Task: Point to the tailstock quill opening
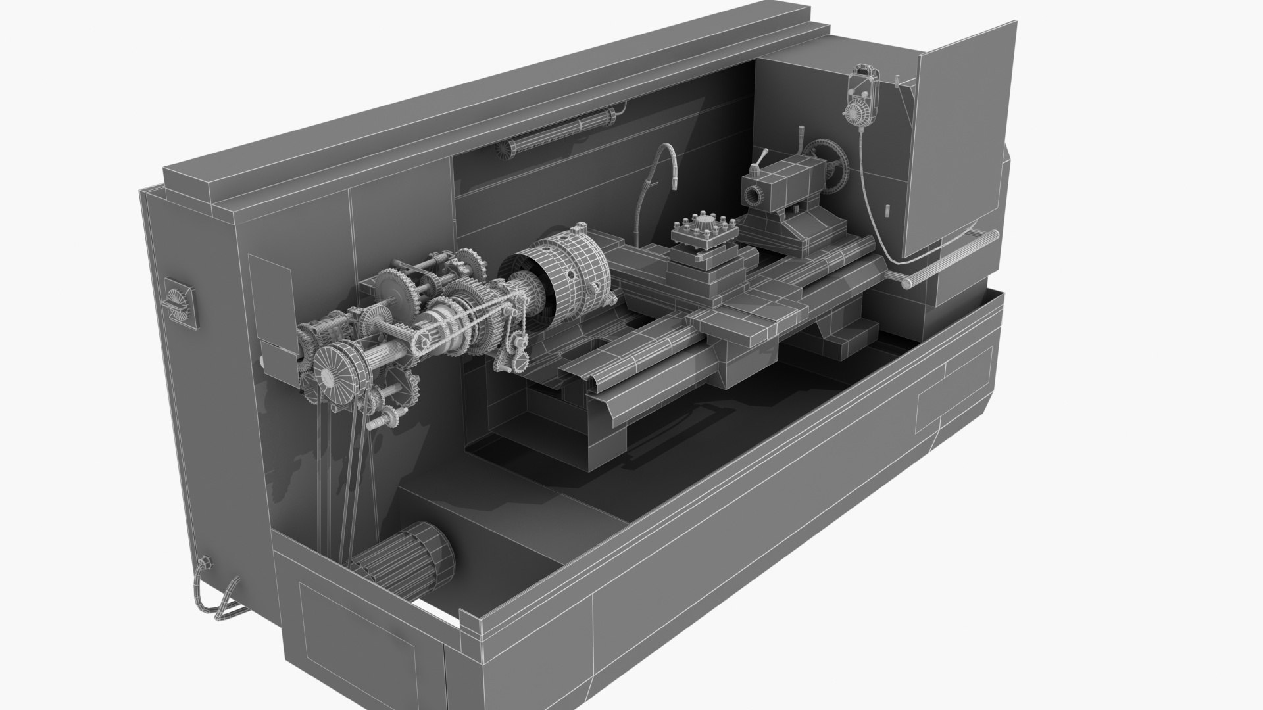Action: [752, 196]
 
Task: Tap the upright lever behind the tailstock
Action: [801, 141]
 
